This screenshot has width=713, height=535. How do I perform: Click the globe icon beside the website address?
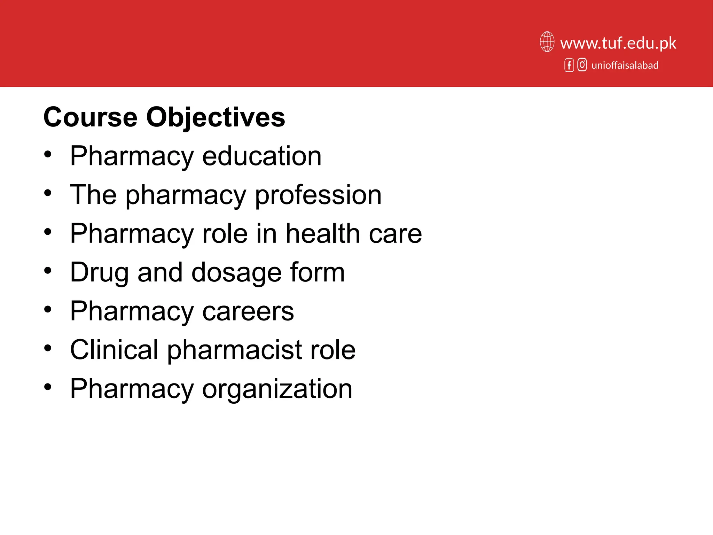(547, 42)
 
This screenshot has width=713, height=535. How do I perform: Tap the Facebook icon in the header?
(569, 65)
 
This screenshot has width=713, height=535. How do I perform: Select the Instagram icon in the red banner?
(582, 65)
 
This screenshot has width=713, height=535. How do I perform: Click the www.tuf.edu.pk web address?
(618, 43)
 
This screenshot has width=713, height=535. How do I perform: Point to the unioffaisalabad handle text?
(625, 65)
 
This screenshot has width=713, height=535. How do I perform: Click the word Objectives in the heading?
(216, 117)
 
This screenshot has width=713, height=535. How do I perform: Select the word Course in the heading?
(91, 117)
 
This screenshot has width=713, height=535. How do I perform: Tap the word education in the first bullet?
(262, 156)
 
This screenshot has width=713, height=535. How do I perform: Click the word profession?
(318, 195)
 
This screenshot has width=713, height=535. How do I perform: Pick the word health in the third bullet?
(323, 233)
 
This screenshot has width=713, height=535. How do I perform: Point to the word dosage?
(236, 273)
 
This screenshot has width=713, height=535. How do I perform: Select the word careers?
(248, 311)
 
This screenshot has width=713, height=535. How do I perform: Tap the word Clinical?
(114, 350)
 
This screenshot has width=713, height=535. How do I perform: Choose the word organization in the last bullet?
(277, 389)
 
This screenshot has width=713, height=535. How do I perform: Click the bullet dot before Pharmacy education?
(48, 154)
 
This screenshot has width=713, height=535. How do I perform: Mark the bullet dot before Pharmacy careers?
(48, 309)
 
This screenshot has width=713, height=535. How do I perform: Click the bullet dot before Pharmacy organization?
(48, 387)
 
